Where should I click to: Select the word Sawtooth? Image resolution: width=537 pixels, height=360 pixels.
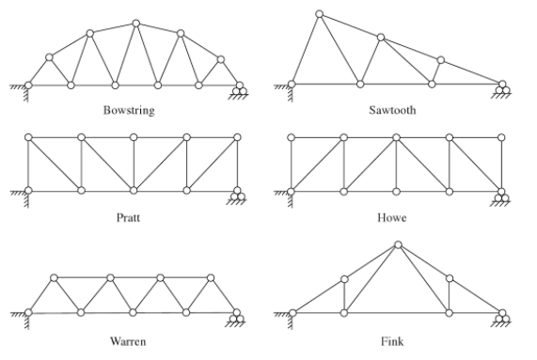click(395, 110)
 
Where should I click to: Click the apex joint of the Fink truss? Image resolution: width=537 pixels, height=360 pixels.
click(398, 245)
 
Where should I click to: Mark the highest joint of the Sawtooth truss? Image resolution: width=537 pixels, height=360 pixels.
click(320, 14)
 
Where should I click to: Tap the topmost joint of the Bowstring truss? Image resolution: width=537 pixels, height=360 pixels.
click(136, 22)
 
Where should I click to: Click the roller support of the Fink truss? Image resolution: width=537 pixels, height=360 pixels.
click(504, 318)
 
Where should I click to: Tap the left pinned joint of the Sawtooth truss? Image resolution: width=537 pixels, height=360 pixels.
click(291, 85)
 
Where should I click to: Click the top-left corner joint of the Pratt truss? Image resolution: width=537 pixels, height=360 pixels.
click(28, 137)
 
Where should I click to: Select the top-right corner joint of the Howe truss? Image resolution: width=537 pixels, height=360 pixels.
click(501, 137)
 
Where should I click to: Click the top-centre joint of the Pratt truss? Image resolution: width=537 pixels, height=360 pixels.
click(134, 137)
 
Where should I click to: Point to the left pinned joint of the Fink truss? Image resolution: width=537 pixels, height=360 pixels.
click(291, 312)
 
